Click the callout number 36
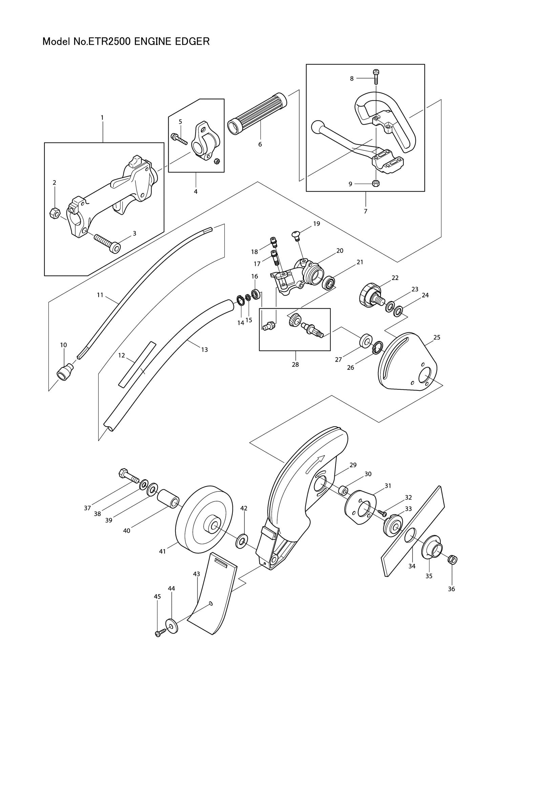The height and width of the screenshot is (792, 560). point(451,589)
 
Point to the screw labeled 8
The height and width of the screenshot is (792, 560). point(376,77)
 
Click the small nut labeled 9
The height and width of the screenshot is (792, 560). point(376,183)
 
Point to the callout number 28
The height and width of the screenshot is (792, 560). point(295,364)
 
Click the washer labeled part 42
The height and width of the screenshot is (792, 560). point(241,541)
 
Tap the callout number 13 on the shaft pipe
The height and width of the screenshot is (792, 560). point(204,349)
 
